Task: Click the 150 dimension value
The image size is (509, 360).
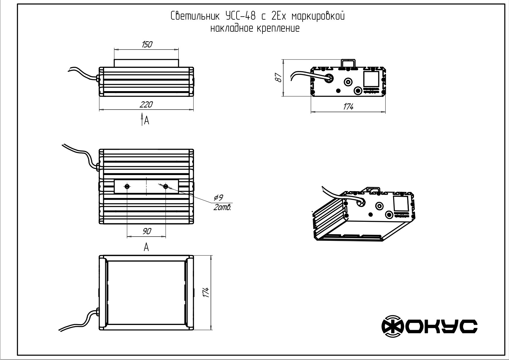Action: pyautogui.click(x=147, y=45)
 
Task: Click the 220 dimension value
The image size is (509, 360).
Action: pyautogui.click(x=146, y=105)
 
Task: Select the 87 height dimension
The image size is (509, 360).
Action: pyautogui.click(x=279, y=78)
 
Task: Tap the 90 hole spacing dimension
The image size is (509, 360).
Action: pyautogui.click(x=147, y=231)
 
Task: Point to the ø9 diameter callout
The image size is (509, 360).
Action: pyautogui.click(x=218, y=198)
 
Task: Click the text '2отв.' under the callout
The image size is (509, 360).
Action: pyautogui.click(x=222, y=208)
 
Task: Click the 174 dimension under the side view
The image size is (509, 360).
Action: pyautogui.click(x=348, y=107)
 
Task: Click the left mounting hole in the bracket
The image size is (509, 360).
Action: pyautogui.click(x=127, y=187)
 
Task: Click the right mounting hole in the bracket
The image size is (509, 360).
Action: pyautogui.click(x=165, y=187)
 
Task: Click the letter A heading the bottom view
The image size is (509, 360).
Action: pyautogui.click(x=146, y=247)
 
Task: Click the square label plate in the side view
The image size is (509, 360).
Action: pyautogui.click(x=371, y=79)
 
